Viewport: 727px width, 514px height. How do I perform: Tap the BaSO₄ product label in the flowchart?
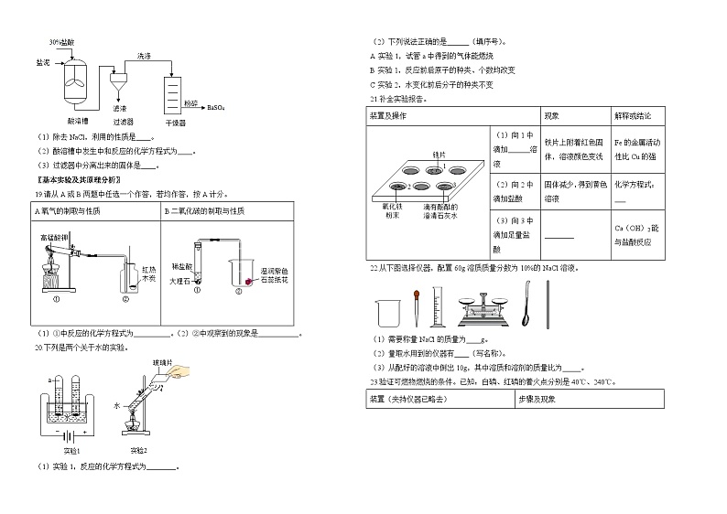pyautogui.click(x=217, y=107)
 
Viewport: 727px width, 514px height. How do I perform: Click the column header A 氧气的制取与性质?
pyautogui.click(x=68, y=211)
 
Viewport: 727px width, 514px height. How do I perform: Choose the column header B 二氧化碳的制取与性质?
pyautogui.click(x=209, y=211)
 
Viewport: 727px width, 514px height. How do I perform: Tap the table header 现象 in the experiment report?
pyautogui.click(x=552, y=116)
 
